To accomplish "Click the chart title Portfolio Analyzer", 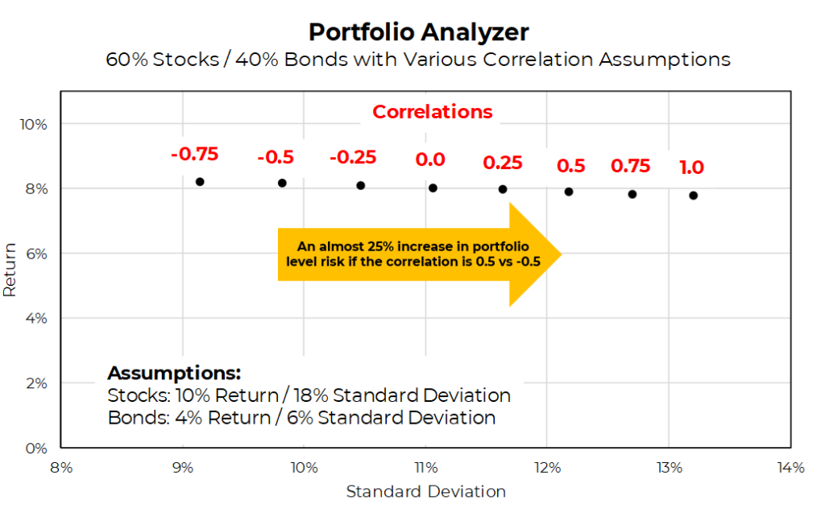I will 418,32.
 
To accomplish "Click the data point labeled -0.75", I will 200,182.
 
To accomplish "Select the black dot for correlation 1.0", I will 693,196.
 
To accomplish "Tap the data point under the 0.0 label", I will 433,188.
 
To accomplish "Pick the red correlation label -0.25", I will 354,157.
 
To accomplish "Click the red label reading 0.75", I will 630,166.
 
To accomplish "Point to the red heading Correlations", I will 432,112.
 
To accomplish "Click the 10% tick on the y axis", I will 35,124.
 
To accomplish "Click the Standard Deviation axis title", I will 425,491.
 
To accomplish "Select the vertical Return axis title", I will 10,271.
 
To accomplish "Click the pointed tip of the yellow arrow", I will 560,254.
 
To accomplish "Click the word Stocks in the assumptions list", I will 130,396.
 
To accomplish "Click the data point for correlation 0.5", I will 569,192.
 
